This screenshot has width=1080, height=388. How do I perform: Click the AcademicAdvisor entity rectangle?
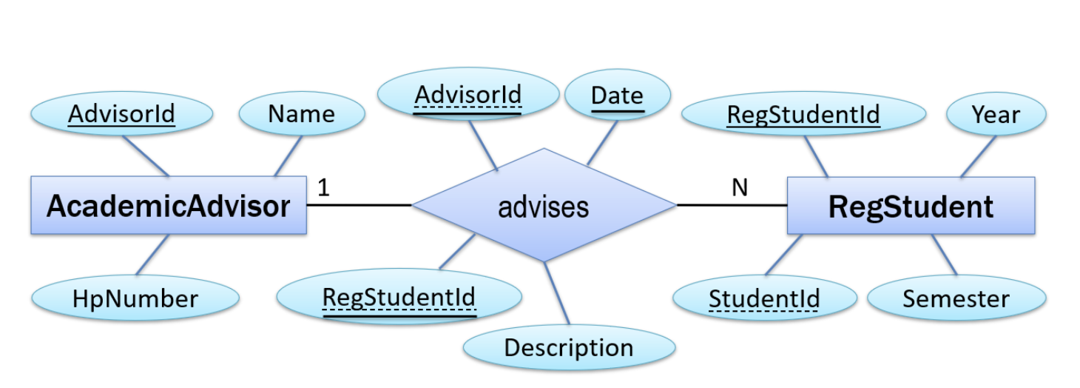[x=169, y=205]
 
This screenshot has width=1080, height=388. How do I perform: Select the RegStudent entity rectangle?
[x=911, y=206]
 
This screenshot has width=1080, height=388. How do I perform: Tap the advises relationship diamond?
[x=544, y=206]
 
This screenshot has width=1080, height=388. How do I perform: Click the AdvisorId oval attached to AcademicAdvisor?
[x=122, y=114]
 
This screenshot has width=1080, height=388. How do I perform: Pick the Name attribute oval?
[x=302, y=114]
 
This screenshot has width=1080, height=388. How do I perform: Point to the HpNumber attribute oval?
[x=135, y=298]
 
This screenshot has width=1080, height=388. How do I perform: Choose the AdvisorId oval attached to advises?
[x=468, y=96]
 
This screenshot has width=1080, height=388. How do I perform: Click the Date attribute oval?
[x=618, y=96]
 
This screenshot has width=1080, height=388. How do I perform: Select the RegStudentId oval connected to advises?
[x=399, y=298]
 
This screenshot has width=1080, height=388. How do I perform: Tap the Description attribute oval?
[x=569, y=347]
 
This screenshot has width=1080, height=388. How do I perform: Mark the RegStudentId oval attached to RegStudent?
[x=803, y=115]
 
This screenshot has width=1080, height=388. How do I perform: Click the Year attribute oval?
[x=996, y=115]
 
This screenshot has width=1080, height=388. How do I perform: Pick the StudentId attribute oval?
[x=764, y=299]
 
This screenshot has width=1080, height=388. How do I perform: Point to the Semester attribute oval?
[x=956, y=299]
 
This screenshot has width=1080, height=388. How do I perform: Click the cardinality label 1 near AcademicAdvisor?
[x=323, y=188]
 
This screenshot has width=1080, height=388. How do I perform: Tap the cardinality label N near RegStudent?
[x=740, y=188]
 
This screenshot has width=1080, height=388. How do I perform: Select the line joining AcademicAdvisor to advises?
[x=360, y=205]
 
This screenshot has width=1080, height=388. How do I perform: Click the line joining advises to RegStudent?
[x=732, y=205]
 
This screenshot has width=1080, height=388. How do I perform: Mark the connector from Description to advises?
[x=557, y=293]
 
